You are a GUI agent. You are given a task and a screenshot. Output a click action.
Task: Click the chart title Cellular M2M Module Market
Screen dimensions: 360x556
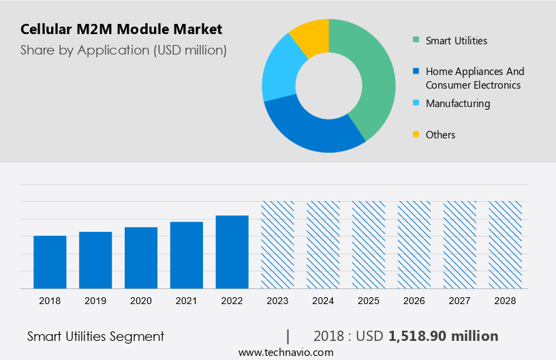coord(121,29)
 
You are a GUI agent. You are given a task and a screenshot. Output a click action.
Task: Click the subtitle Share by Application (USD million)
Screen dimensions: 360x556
coord(123,50)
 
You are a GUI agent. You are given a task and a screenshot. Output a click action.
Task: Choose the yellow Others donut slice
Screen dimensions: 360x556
coord(310,34)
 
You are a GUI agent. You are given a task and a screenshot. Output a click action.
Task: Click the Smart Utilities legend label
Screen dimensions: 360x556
coord(456,41)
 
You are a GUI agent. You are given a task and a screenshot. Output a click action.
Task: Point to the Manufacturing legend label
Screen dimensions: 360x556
coord(457,104)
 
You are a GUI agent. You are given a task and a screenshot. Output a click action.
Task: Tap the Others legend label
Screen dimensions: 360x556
coord(440,135)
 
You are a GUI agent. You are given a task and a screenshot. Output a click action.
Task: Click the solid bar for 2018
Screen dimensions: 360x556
coord(50,262)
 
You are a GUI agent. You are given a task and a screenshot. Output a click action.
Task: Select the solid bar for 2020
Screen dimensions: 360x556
coord(141,258)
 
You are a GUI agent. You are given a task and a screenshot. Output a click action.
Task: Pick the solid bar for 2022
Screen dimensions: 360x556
coord(232,252)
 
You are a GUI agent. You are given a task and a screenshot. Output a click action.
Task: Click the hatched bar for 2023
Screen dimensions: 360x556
coord(277,245)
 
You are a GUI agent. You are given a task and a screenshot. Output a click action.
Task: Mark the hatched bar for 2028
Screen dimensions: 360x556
coord(505,245)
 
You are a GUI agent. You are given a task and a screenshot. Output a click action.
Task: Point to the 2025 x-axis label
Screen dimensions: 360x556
coord(369,301)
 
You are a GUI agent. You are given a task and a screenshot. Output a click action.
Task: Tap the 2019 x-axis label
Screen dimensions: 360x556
coord(95,301)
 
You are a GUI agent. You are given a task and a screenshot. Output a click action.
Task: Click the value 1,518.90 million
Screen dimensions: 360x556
coord(443,336)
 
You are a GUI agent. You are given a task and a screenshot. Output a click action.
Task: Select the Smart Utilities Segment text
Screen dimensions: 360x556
coord(95,336)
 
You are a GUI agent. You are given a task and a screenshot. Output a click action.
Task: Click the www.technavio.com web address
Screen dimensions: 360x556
coord(285,352)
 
